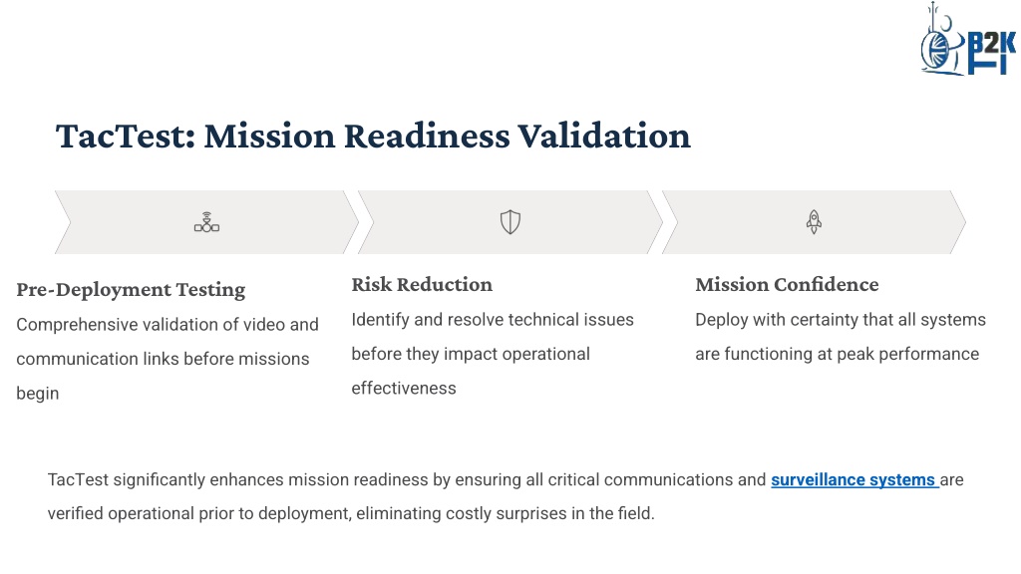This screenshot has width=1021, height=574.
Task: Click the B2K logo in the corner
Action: click(x=967, y=40)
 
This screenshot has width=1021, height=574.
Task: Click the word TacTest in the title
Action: click(x=126, y=136)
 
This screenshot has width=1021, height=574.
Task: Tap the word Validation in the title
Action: click(x=604, y=136)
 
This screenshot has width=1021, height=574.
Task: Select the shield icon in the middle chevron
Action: click(x=510, y=222)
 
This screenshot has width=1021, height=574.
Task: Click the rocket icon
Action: click(x=814, y=222)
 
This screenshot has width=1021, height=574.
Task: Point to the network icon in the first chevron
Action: click(x=206, y=222)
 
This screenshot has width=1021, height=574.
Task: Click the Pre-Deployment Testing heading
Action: click(x=131, y=290)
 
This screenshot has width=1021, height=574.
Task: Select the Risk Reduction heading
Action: click(x=422, y=284)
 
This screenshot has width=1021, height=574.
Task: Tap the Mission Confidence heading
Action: click(x=787, y=284)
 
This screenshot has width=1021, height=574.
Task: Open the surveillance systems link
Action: click(x=853, y=479)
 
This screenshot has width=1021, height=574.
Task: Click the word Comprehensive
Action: click(x=77, y=325)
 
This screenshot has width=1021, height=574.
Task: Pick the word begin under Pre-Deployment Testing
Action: click(x=38, y=394)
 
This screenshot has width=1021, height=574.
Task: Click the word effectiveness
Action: click(x=404, y=389)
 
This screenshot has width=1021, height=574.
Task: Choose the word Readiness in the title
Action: click(x=427, y=136)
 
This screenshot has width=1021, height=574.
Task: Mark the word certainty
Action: click(x=827, y=320)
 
